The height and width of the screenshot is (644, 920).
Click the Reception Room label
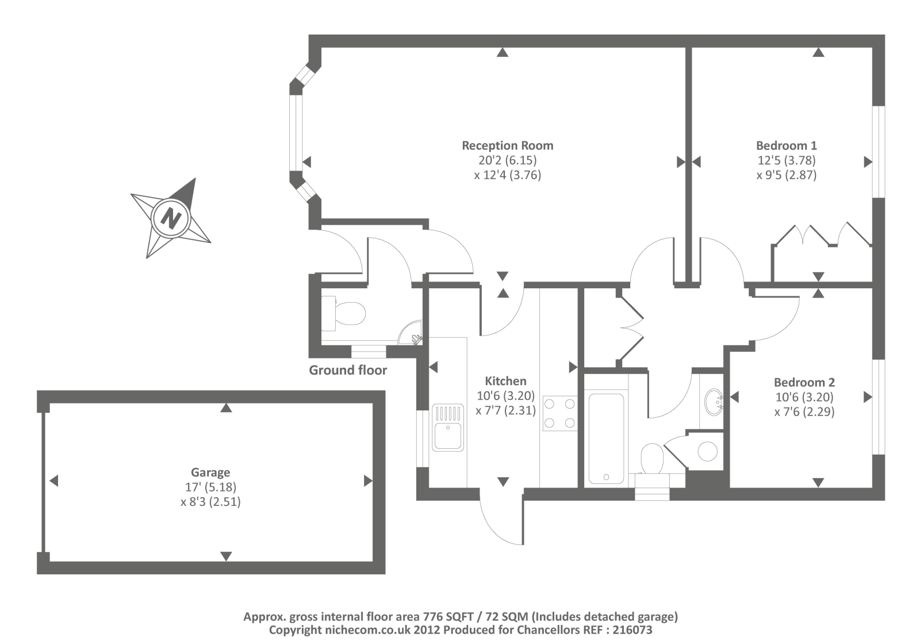coord(507,146)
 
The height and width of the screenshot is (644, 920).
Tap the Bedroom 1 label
coord(786,146)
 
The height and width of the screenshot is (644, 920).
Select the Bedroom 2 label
coord(804,382)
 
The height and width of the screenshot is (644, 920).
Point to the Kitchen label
coord(505,381)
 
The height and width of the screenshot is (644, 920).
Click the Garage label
coord(210,472)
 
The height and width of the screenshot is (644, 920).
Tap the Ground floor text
coord(348,370)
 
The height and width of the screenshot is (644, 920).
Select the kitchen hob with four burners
coord(559,413)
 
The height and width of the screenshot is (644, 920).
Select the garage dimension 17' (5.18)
coord(210,487)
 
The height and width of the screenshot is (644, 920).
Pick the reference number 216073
coord(632,630)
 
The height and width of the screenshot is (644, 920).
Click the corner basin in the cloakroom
coord(413,334)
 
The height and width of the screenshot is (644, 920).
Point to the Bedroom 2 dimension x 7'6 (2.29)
coord(804,411)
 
